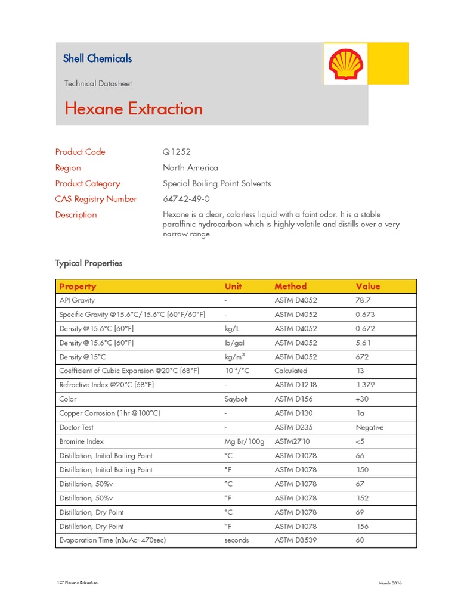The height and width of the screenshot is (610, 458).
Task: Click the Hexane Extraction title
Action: coord(134,109)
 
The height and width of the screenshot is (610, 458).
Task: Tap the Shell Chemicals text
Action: coord(97,58)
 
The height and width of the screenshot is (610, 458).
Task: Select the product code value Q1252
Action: coord(177,152)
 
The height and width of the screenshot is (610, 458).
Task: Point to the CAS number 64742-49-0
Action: coord(186,199)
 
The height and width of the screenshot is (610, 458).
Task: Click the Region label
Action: coord(68,168)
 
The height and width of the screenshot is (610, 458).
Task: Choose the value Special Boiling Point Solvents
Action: coord(216,183)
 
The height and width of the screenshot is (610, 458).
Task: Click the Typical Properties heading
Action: coord(89,263)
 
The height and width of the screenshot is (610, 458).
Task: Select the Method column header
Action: coord(290,286)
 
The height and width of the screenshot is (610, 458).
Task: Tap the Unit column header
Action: coord(233,286)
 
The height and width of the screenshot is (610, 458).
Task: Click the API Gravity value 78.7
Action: coord(363,300)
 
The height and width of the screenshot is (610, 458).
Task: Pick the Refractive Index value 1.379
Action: coord(365,385)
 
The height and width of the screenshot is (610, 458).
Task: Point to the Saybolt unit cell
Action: coord(236,399)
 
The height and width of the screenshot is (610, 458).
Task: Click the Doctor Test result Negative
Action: coord(370,427)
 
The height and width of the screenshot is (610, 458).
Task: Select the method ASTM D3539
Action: coord(296,540)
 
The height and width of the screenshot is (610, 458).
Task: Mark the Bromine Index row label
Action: coord(81,441)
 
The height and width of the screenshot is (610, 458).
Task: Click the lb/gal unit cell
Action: coord(234,343)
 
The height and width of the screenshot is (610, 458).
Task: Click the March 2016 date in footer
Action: coord(390,583)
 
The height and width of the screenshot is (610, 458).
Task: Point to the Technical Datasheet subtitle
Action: coord(98,83)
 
